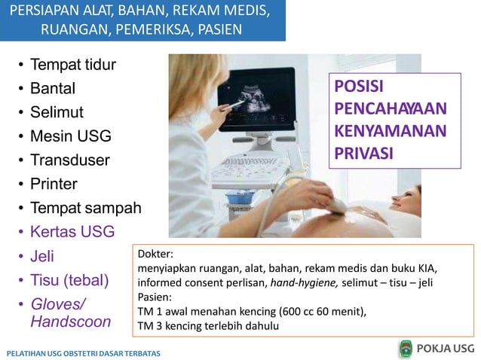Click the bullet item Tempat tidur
click(73, 65)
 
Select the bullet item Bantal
click(53, 89)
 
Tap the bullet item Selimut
click(57, 113)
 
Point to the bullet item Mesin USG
click(70, 137)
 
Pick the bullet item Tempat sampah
click(85, 208)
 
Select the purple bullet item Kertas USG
click(72, 232)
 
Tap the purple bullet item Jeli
click(42, 256)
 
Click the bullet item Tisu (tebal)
click(69, 280)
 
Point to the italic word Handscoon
click(70, 322)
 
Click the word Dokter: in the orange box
click(155, 255)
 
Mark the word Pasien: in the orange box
click(155, 297)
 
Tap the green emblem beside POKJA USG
click(406, 348)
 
